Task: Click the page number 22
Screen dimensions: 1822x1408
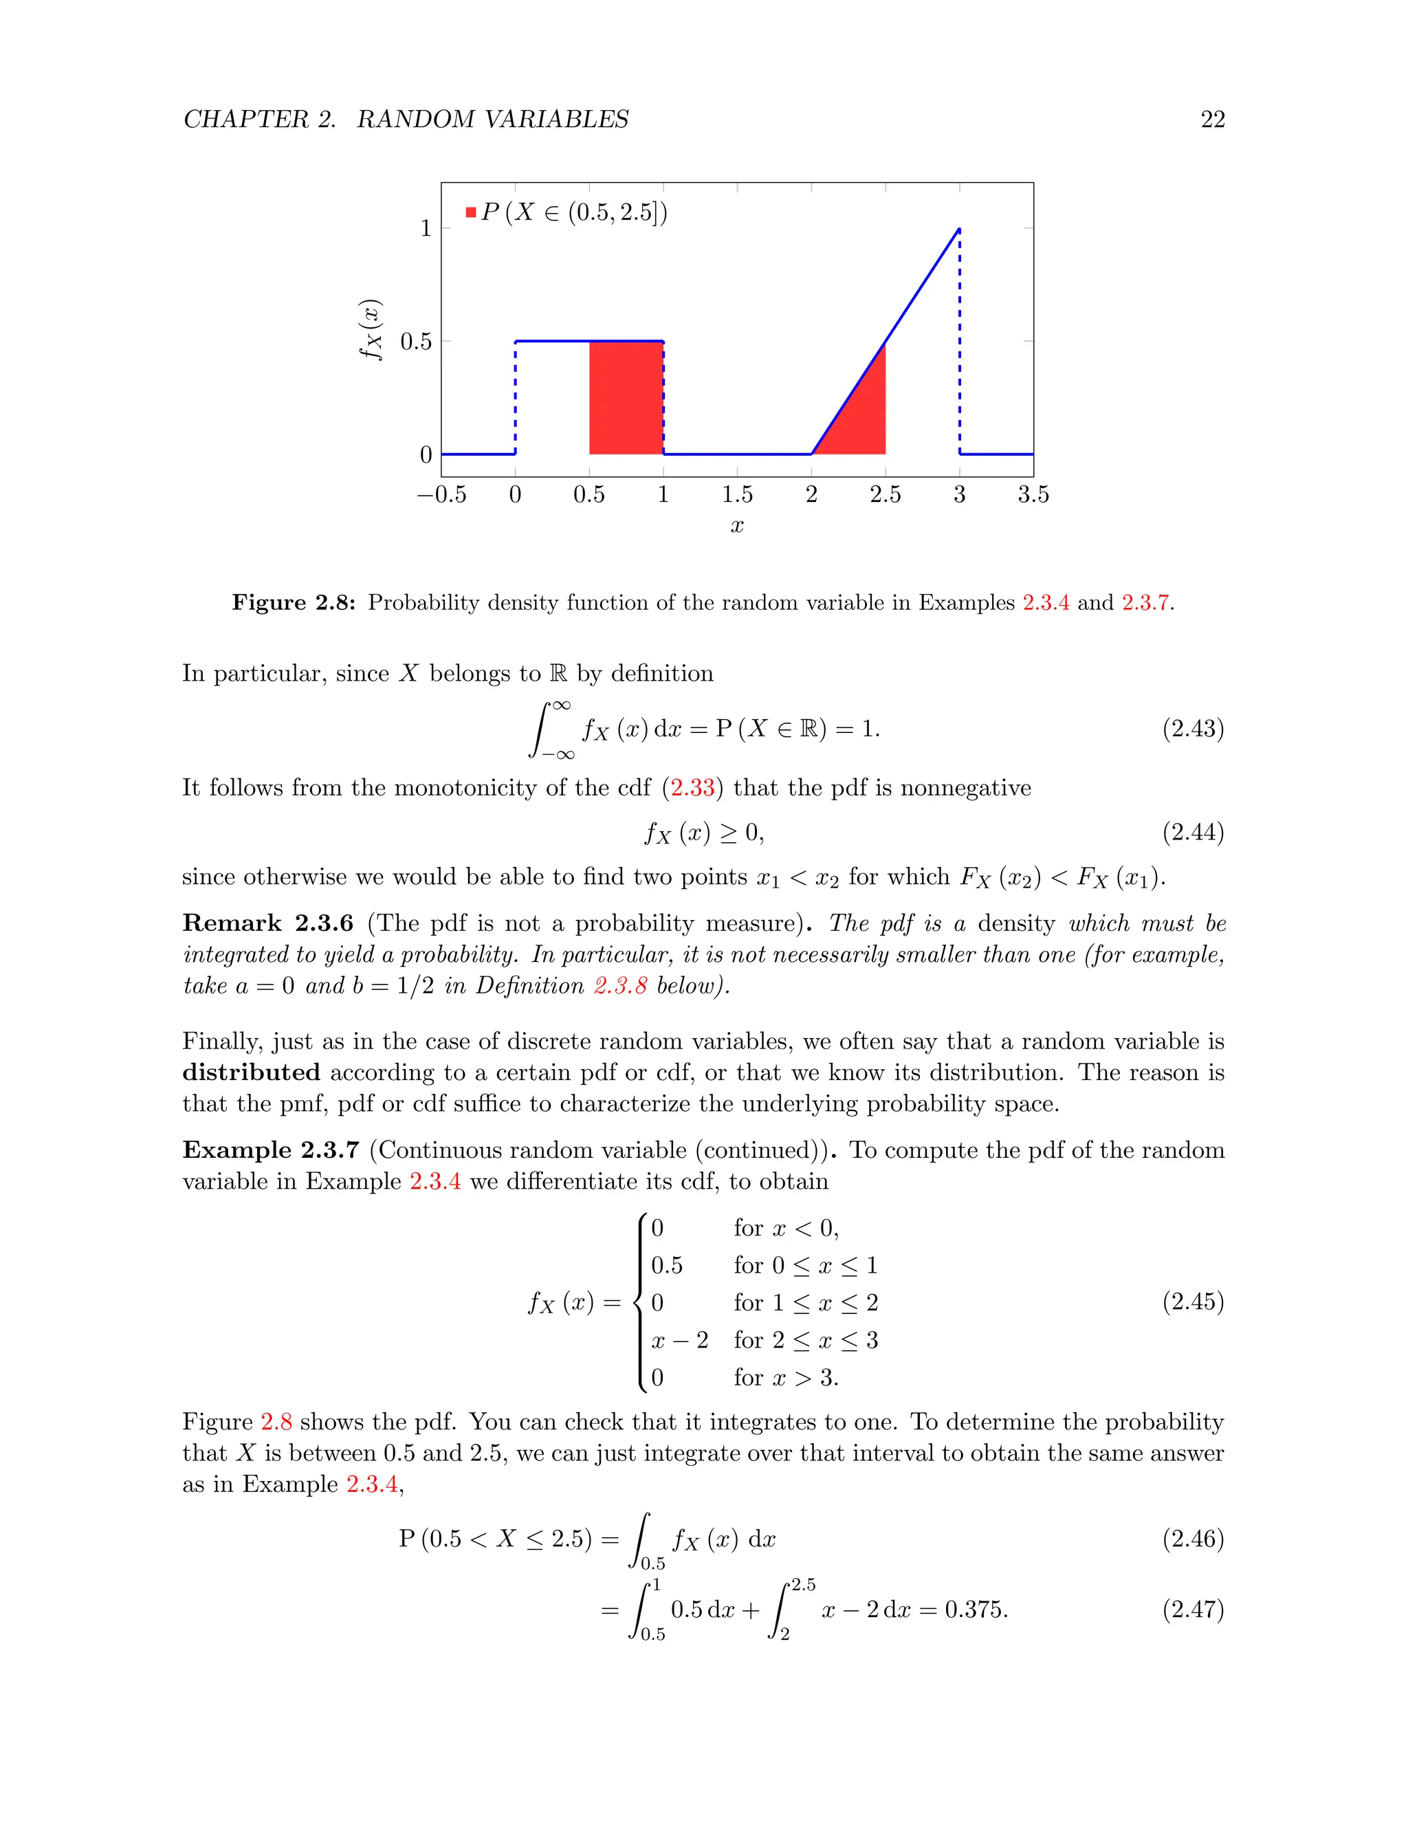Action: (1212, 120)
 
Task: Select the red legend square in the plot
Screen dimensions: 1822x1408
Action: (471, 212)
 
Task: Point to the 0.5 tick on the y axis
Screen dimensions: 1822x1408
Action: (416, 341)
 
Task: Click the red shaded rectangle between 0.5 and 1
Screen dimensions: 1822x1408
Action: (626, 398)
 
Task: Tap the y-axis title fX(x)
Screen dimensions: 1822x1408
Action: (371, 329)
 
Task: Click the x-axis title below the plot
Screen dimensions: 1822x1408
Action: (736, 525)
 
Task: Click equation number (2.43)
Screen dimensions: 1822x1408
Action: (1193, 728)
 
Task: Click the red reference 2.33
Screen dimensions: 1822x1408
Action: (692, 787)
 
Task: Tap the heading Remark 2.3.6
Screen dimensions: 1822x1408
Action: (267, 923)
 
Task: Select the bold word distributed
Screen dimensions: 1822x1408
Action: (251, 1072)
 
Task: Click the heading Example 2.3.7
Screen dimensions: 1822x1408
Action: (270, 1150)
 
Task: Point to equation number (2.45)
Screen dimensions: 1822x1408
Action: (1193, 1302)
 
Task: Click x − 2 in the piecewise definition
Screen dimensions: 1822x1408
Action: (679, 1340)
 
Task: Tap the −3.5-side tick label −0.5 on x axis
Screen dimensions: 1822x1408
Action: (441, 495)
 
